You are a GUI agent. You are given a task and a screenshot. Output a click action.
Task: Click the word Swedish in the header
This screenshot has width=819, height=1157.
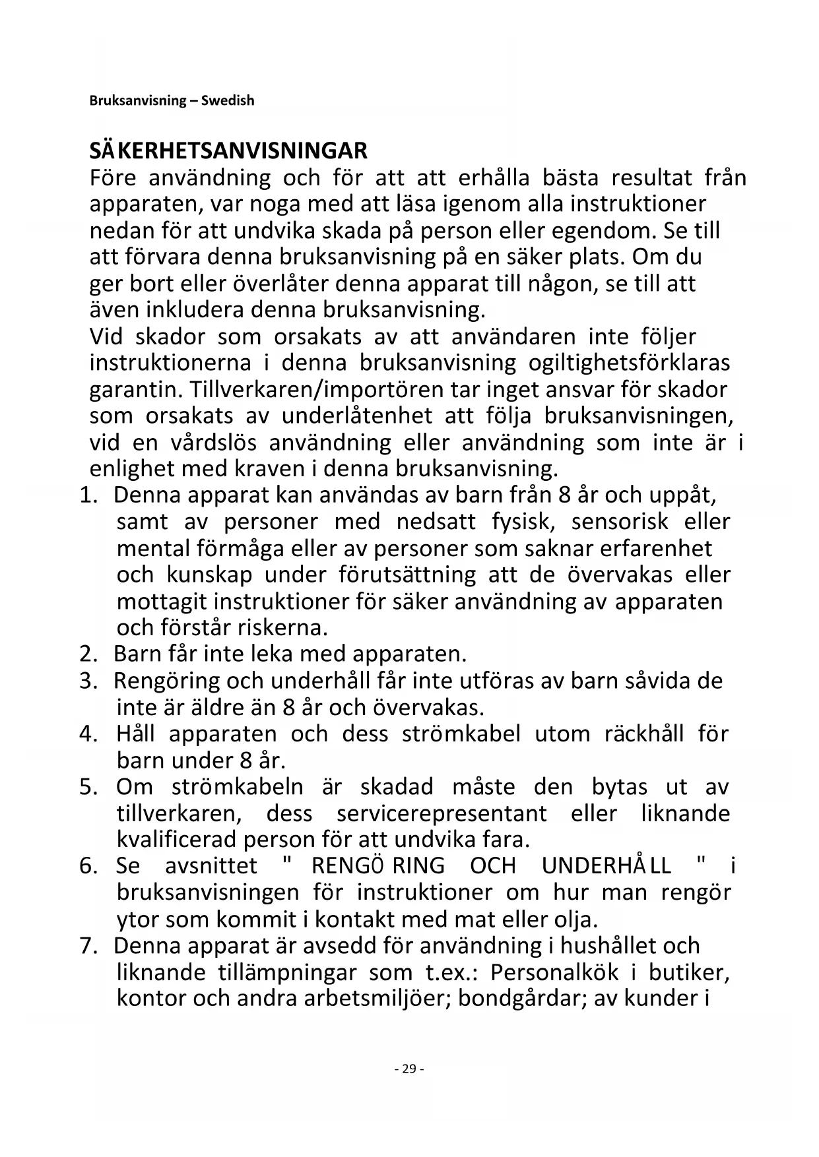coord(228,101)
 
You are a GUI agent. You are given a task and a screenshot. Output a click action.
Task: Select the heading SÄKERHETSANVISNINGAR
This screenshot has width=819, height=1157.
coord(228,151)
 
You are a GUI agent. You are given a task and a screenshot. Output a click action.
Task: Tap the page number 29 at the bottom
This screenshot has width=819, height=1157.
coord(409,1069)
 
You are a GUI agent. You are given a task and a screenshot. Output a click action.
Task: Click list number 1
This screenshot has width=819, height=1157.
coord(88,495)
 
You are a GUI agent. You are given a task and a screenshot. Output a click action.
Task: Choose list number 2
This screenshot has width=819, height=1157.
coord(88,654)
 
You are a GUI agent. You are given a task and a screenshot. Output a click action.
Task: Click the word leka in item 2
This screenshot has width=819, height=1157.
coord(273,654)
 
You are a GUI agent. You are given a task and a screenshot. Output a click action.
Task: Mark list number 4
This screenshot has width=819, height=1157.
coord(88,734)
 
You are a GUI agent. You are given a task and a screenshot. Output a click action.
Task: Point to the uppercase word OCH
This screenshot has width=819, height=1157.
coord(493,866)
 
